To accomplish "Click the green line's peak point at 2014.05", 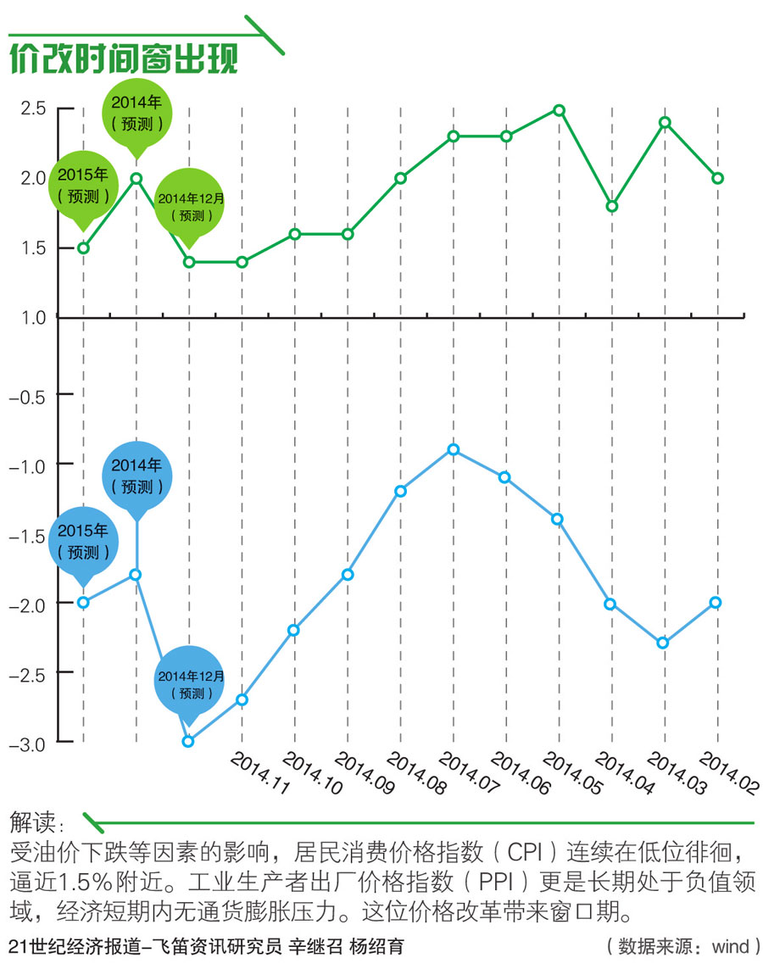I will point(559,109).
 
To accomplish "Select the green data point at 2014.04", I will point(612,206).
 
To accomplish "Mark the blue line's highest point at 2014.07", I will point(453,449).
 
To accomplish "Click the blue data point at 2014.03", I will point(665,643).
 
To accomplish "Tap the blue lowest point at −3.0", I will point(188,741).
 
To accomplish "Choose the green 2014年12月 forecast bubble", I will point(190,206).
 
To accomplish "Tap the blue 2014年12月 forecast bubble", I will point(190,683).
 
